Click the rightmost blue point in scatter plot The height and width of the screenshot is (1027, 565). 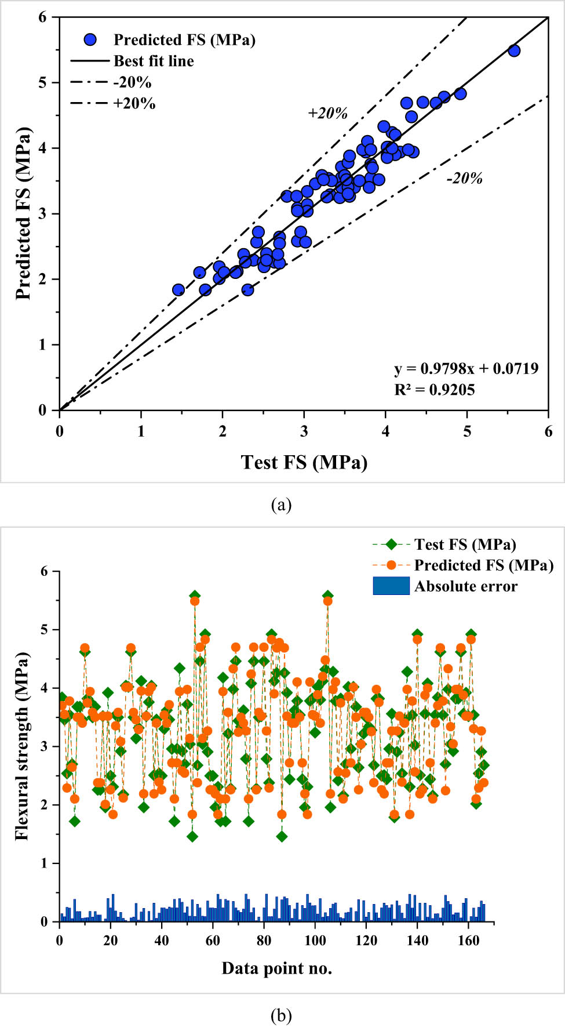click(x=513, y=51)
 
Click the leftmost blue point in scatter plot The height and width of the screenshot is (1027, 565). click(x=178, y=290)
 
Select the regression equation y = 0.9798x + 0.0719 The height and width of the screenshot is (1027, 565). click(x=466, y=369)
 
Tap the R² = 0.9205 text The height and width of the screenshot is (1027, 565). click(x=434, y=390)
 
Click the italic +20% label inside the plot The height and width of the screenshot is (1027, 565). click(x=327, y=113)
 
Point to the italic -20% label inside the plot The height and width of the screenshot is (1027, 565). click(x=464, y=179)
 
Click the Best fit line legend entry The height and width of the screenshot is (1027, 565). click(x=153, y=61)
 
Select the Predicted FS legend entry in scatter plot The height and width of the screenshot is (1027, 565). click(x=184, y=39)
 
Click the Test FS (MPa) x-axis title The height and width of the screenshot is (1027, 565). click(x=304, y=462)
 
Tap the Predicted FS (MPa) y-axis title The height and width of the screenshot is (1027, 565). click(x=23, y=213)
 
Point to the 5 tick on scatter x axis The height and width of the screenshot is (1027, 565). click(x=467, y=431)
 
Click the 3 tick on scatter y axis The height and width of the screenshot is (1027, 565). click(x=42, y=214)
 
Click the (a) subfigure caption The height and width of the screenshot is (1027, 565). click(x=281, y=505)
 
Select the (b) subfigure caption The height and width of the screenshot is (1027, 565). click(x=281, y=1015)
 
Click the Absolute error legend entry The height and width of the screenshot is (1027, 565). click(x=465, y=586)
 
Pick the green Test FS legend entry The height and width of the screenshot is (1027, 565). click(x=464, y=545)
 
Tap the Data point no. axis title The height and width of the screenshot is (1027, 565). click(x=276, y=968)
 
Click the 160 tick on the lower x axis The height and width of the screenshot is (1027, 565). click(x=468, y=941)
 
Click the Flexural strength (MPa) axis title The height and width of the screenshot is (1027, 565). click(x=22, y=746)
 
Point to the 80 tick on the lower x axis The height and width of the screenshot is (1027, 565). click(x=264, y=941)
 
